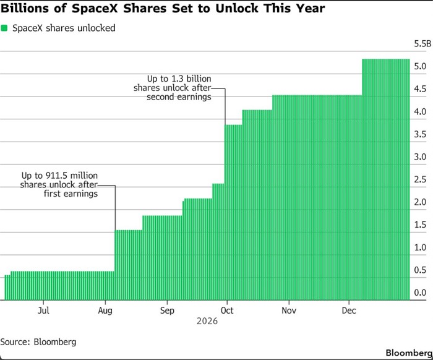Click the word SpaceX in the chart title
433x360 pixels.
coord(95,8)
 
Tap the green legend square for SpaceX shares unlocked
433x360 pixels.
coord(4,28)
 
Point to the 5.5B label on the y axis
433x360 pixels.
coord(422,44)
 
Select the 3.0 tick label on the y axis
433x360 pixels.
coord(420,157)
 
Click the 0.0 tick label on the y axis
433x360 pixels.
coord(420,293)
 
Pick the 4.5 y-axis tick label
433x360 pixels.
coord(420,89)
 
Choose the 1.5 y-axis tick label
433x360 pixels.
coord(420,225)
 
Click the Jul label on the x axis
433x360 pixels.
coord(43,311)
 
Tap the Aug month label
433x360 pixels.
coord(105,311)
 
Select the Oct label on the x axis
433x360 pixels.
coord(227,311)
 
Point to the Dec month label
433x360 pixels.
coord(349,311)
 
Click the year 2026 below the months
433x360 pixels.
coord(207,321)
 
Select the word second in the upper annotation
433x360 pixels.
coord(160,97)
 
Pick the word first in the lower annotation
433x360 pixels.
coord(52,194)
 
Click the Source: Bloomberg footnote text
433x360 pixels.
coord(38,342)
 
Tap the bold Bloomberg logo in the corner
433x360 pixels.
coord(409,353)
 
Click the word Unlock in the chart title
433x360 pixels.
coord(238,8)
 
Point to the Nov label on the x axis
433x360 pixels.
coord(289,311)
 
